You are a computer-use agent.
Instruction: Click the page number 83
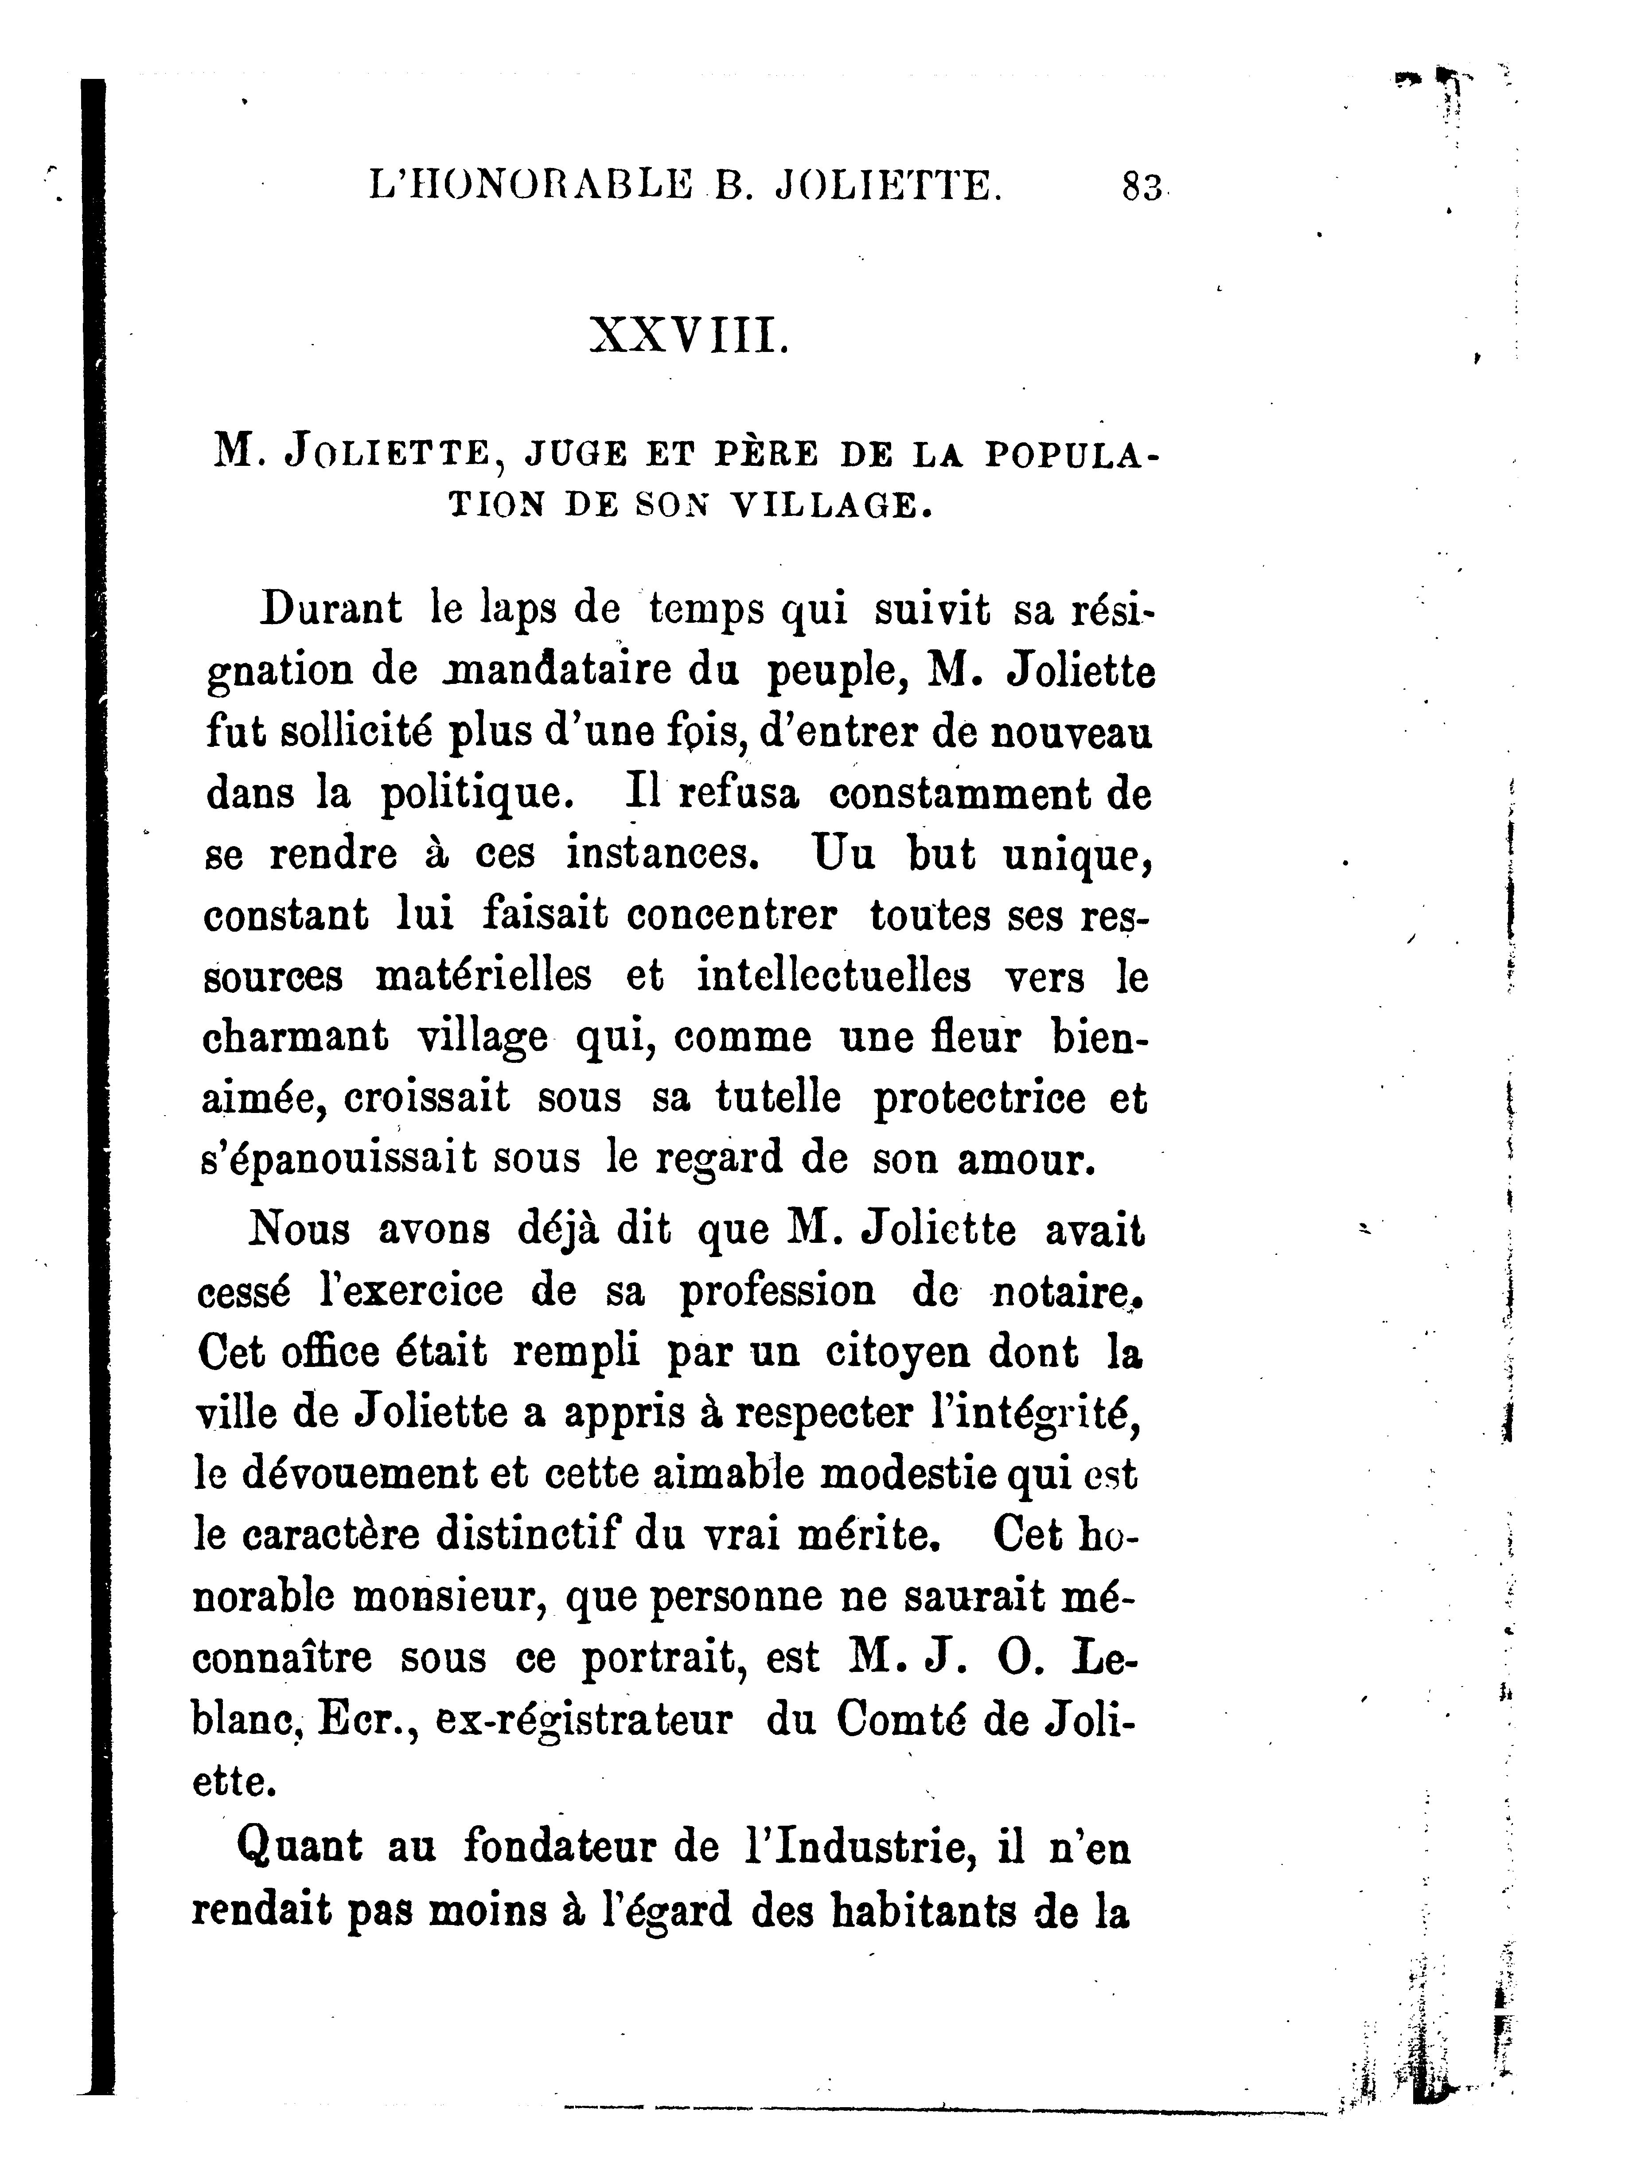[1141, 187]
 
